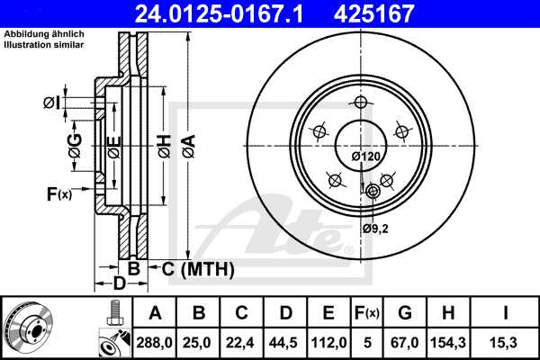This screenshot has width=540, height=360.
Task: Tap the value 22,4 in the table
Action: [242, 344]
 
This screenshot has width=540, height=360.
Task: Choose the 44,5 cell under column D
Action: [285, 344]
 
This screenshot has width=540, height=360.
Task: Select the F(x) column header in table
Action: [367, 313]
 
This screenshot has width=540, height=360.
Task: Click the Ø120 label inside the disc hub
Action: [365, 157]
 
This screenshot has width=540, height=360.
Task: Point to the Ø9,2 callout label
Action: [375, 229]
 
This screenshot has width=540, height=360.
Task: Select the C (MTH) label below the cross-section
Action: [192, 269]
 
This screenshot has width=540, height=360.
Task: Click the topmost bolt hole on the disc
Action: [360, 103]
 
